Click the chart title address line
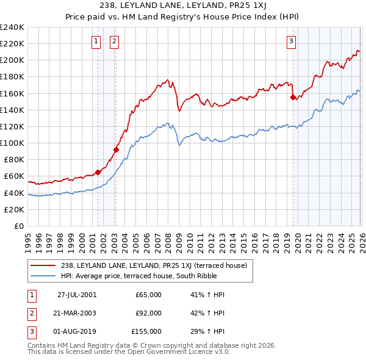[183, 5]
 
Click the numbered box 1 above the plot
[96, 41]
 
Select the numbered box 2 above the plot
[114, 41]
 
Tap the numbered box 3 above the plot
[292, 41]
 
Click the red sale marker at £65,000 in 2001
[98, 172]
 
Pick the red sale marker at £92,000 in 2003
[116, 149]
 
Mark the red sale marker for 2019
[293, 97]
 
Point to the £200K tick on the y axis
[12, 60]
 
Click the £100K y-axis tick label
[12, 143]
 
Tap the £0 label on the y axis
[18, 226]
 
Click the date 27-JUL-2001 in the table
[76, 295]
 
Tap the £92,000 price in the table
[148, 313]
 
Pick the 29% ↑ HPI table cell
[207, 331]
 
